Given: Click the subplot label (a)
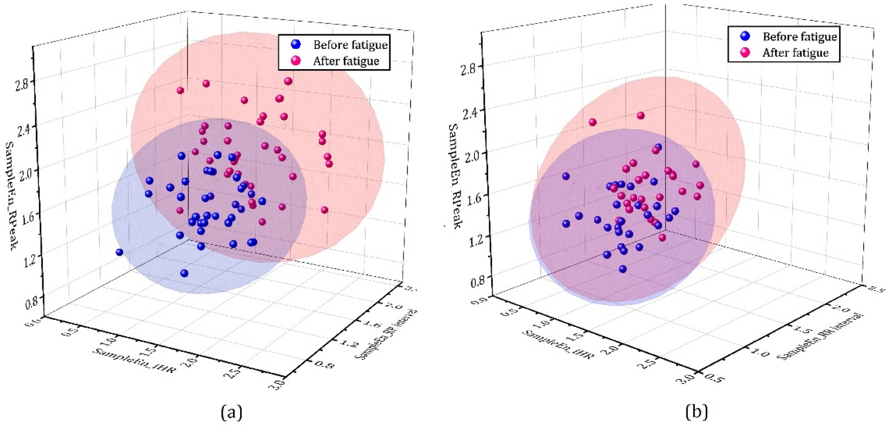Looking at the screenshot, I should (x=232, y=412).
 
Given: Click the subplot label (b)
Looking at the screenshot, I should (x=697, y=412).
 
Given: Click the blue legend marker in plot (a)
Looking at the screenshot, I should (x=296, y=44).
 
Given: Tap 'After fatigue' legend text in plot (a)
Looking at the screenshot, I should (x=346, y=61).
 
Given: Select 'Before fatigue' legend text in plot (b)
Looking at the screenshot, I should (x=799, y=36).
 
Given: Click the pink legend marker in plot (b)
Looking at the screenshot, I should (x=745, y=52).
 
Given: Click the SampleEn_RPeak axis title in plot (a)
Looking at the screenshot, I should (x=11, y=194).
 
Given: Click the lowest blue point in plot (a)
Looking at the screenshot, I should (x=184, y=274).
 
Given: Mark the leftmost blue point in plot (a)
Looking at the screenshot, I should (x=120, y=252).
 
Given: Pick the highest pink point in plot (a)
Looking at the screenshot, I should (x=288, y=81).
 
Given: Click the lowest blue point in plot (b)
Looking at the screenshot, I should (x=623, y=269).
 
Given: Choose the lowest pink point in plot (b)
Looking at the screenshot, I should (x=662, y=238).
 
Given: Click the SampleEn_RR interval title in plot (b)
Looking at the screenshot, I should (x=819, y=336).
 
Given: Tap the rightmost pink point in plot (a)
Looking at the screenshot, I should (x=329, y=164).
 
